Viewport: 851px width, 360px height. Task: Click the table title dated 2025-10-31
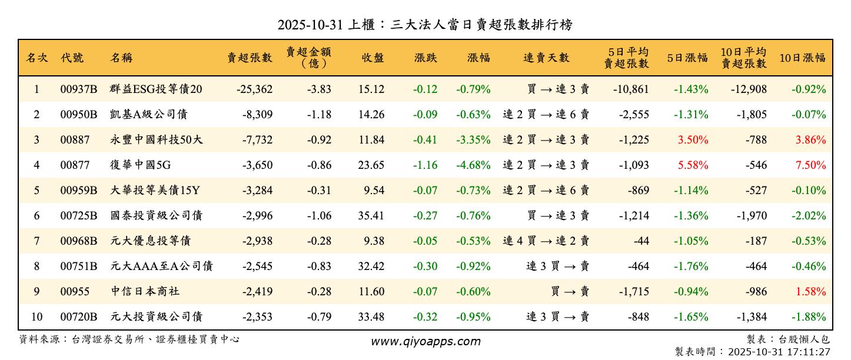click(425, 25)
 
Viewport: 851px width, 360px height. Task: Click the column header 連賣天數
click(546, 58)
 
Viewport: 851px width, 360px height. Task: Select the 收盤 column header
click(373, 58)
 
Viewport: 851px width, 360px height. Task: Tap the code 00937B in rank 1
click(78, 89)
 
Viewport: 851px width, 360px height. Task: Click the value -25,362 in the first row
click(254, 89)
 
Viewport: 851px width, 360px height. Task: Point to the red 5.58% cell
click(693, 165)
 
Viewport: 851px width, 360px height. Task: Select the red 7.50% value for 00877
click(810, 165)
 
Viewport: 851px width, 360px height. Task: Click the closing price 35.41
click(371, 216)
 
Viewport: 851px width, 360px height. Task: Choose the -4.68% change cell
click(473, 165)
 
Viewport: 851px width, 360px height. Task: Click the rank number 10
click(36, 317)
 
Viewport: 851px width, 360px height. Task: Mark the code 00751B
click(78, 266)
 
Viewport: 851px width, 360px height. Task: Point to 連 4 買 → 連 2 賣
click(546, 241)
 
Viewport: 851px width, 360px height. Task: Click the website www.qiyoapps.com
click(425, 341)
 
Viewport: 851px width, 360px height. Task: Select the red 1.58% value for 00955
click(810, 292)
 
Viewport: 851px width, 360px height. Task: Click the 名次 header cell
click(37, 58)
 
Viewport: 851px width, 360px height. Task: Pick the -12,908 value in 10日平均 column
click(752, 89)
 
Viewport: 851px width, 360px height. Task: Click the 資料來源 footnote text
click(129, 339)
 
